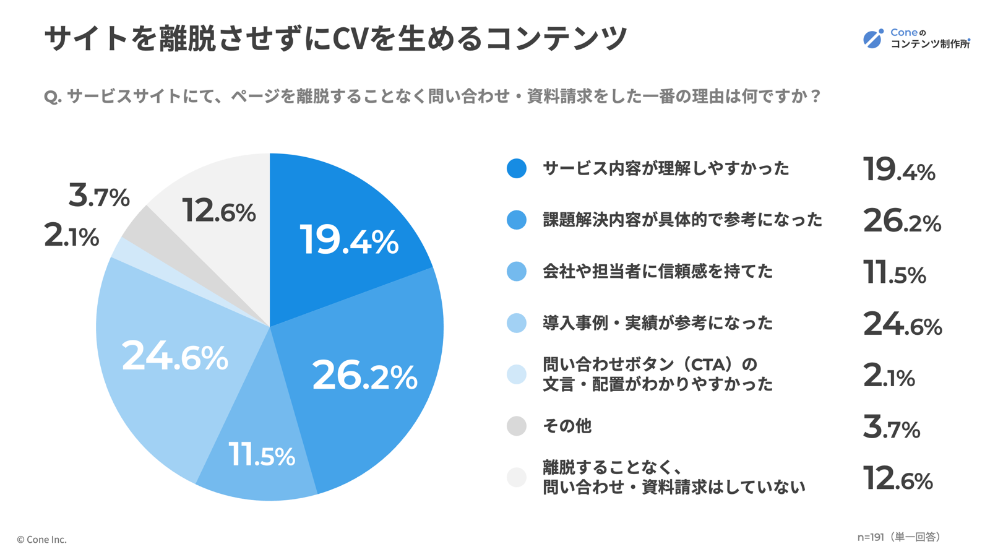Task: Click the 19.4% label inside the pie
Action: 348,241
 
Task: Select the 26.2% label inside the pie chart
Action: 364,376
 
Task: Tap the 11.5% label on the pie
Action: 262,455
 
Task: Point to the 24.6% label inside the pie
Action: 175,356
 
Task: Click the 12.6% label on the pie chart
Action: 219,211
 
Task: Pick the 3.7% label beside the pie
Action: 99,196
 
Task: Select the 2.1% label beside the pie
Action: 72,236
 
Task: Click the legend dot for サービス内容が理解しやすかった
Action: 517,168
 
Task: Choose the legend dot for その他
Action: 517,426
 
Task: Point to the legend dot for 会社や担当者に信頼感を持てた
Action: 517,271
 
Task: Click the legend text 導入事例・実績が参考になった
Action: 658,323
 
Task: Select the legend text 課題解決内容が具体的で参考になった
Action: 682,220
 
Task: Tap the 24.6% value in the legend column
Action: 902,324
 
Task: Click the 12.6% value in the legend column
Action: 898,478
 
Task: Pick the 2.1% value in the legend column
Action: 889,376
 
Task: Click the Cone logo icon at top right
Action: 873,38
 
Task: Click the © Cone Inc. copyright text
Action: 41,540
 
